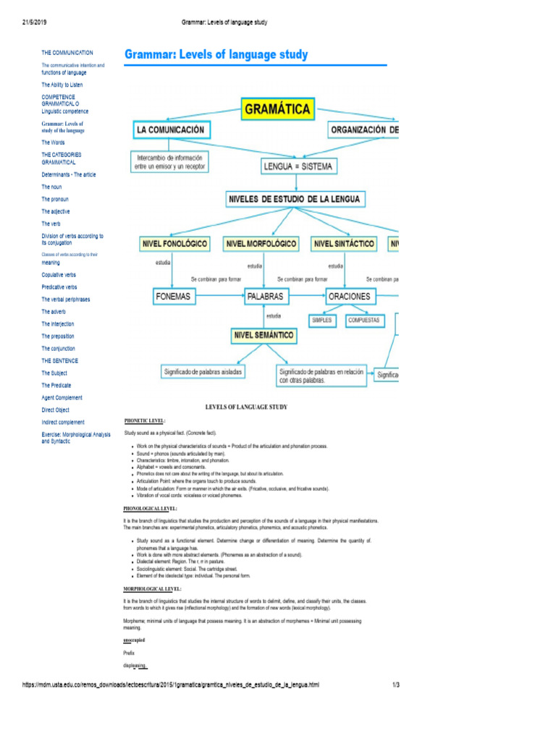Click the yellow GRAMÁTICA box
coord(277,109)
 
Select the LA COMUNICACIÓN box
coord(171,130)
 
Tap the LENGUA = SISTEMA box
coord(299,167)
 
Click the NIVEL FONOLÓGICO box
coord(174,244)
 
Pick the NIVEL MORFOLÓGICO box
coord(261,244)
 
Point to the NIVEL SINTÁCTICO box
coord(344,244)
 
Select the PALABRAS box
coord(264,296)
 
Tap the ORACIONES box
coord(349,296)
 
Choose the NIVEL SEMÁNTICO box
coord(264,335)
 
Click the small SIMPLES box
coord(321,319)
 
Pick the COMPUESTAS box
coord(363,319)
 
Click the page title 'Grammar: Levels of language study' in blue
coord(216,55)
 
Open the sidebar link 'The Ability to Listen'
coord(62,85)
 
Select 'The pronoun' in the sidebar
coord(56,199)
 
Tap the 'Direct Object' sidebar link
coord(56,410)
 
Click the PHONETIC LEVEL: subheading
coord(145,420)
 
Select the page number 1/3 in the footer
coord(396,684)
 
